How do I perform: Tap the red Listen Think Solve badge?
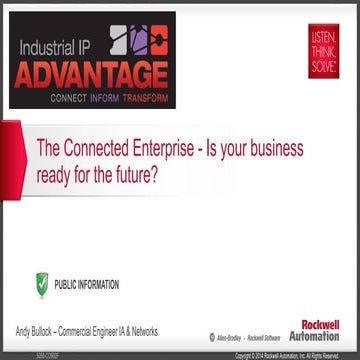[x=324, y=50]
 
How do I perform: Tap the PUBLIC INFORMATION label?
[x=87, y=284]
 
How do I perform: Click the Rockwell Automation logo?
[x=314, y=331]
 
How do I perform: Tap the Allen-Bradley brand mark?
[x=227, y=337]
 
